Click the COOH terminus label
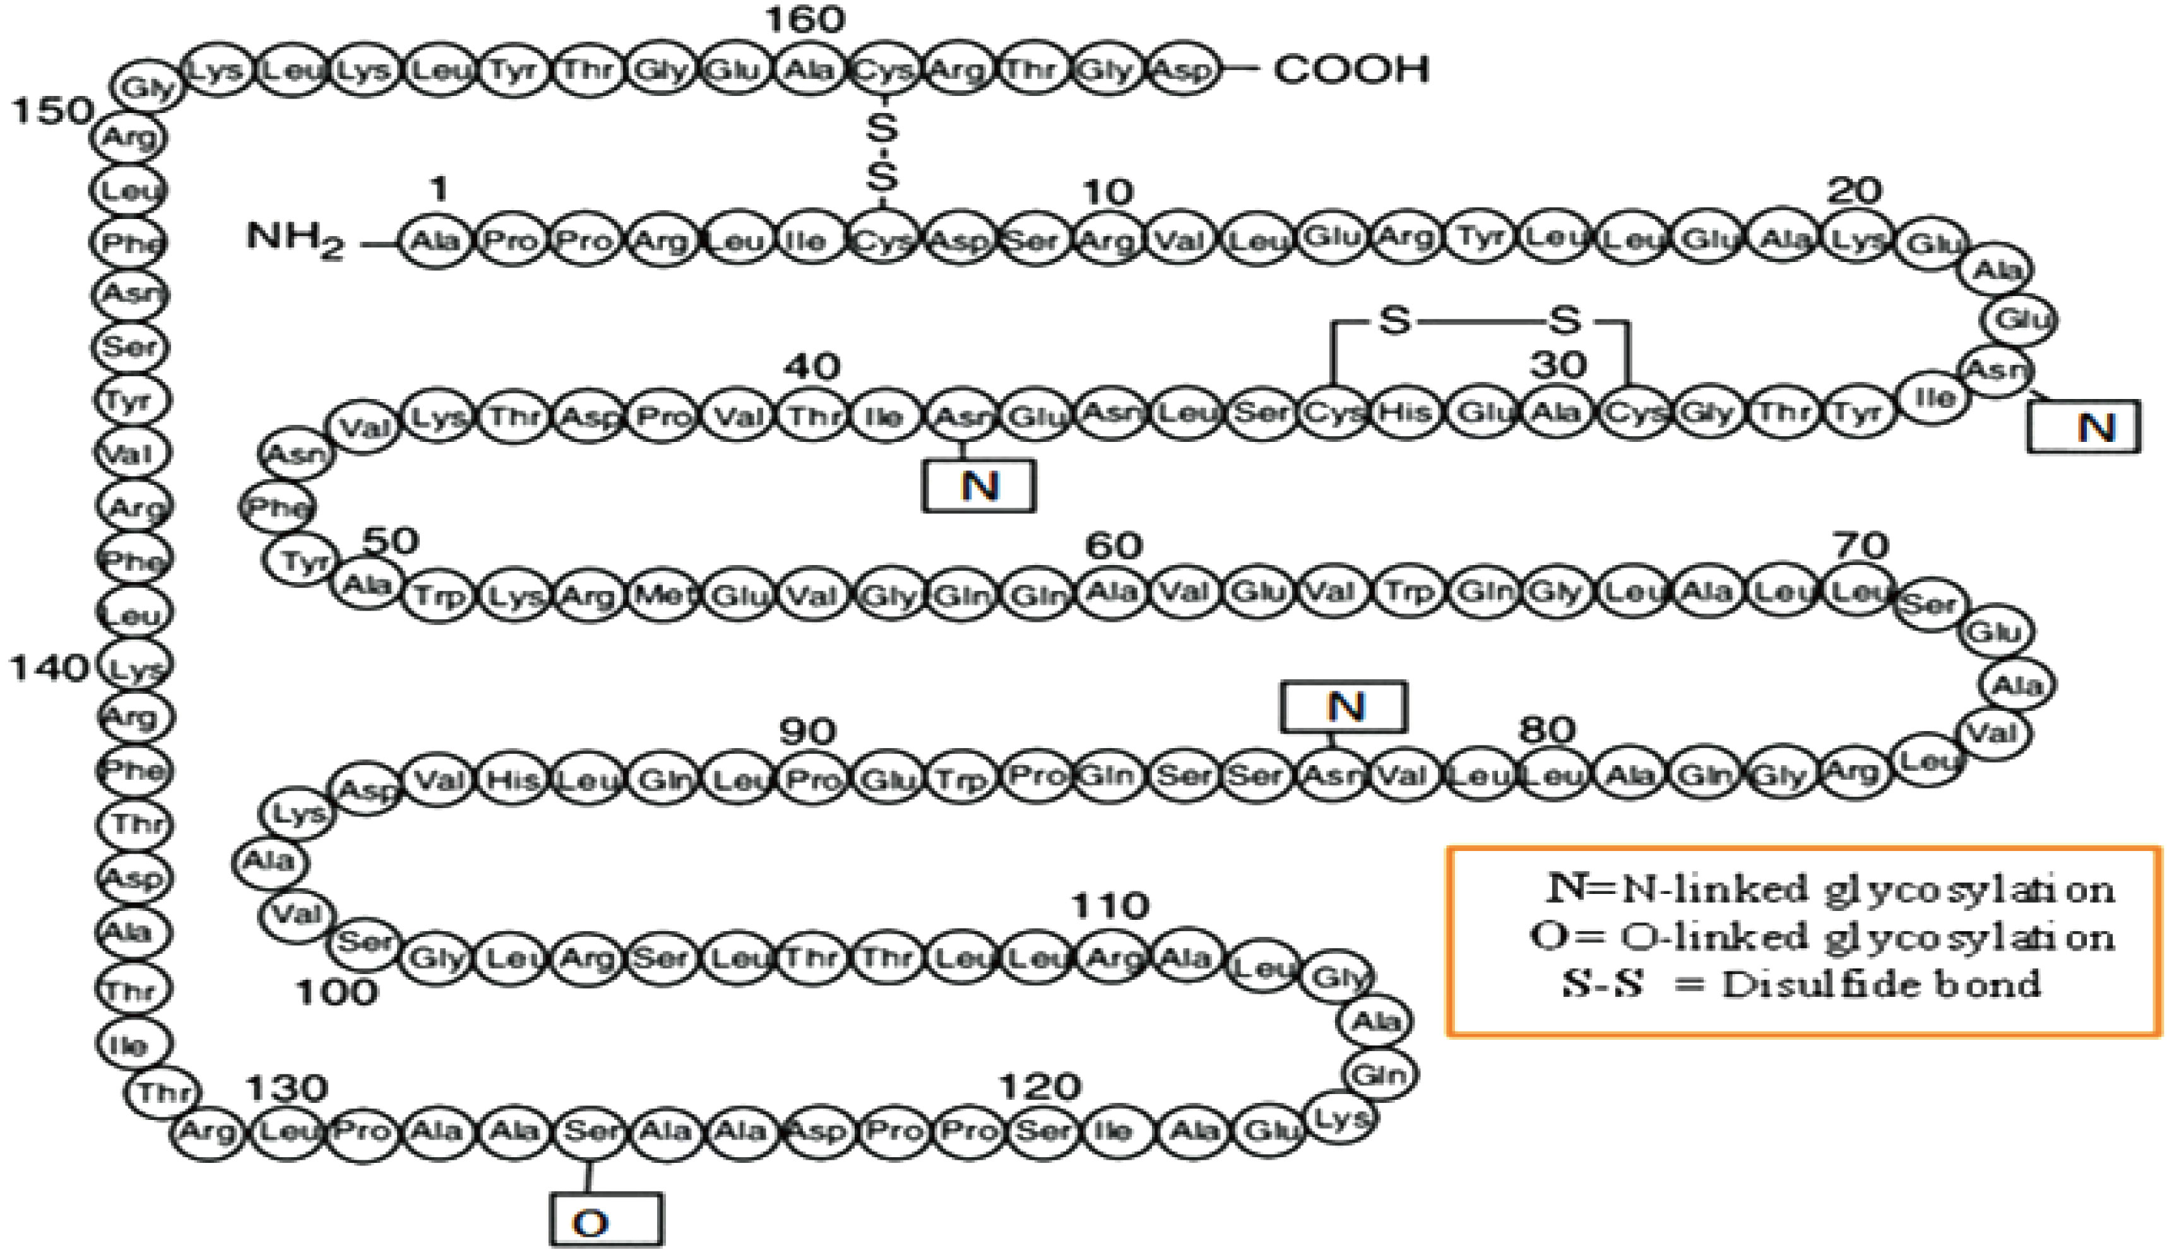(x=1351, y=69)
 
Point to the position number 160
(x=804, y=19)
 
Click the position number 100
(x=336, y=992)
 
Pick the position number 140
(x=49, y=668)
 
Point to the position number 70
(x=1861, y=545)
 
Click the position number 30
(x=1558, y=366)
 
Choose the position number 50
(x=391, y=542)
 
